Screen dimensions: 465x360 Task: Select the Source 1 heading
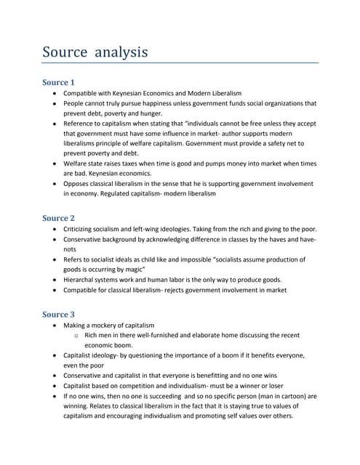click(58, 82)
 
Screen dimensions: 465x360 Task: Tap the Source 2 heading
click(58, 218)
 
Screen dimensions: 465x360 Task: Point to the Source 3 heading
click(58, 314)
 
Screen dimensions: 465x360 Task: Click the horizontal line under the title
click(180, 64)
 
